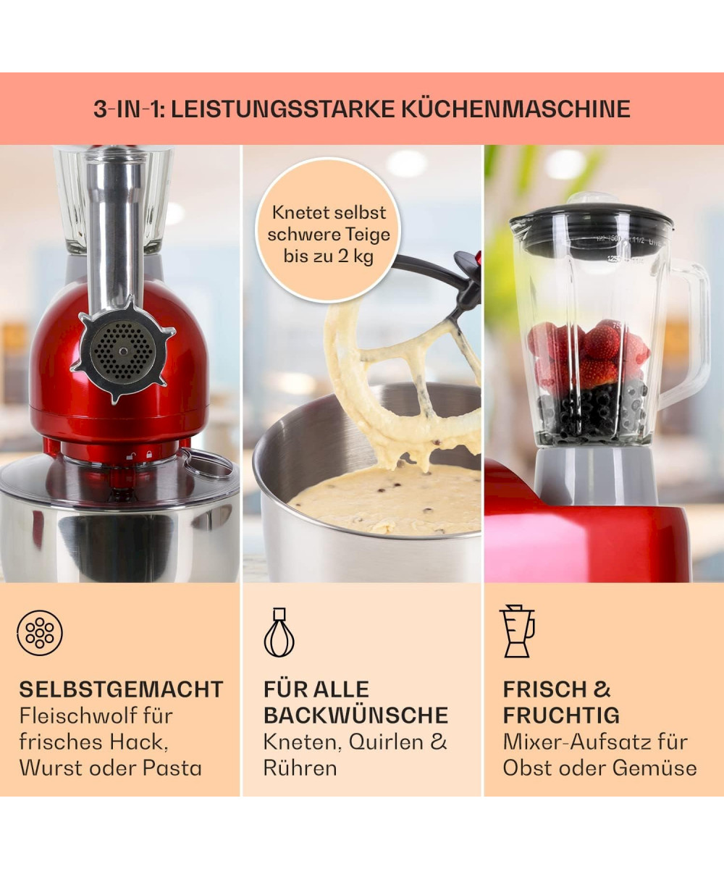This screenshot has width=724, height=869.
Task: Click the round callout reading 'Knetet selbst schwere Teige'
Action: [x=328, y=230]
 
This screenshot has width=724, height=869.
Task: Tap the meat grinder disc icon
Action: [x=40, y=633]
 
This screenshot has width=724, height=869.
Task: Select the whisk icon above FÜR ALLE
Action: [x=279, y=633]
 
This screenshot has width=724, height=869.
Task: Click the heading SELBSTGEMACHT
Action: [x=121, y=689]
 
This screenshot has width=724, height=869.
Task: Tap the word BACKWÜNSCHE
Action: [x=355, y=715]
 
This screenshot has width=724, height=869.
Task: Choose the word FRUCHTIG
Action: [x=561, y=715]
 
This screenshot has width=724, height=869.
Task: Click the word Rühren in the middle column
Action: [x=300, y=768]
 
